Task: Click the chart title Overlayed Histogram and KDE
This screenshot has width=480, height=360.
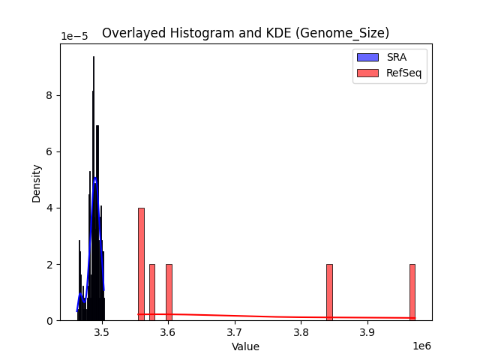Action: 245,33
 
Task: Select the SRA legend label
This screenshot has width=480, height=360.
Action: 396,57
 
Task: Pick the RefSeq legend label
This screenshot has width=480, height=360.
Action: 403,73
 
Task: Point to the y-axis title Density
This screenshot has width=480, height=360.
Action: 36,183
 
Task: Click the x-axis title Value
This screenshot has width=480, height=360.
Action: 245,347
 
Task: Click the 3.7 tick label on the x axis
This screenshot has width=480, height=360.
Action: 234,332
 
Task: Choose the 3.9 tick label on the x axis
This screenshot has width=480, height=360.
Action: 367,332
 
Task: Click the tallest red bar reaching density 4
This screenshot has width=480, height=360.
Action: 141,262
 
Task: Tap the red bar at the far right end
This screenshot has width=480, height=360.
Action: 412,292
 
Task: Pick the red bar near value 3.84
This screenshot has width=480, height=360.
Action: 329,292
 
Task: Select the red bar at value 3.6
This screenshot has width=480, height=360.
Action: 169,292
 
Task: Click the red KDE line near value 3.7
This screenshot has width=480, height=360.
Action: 234,316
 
